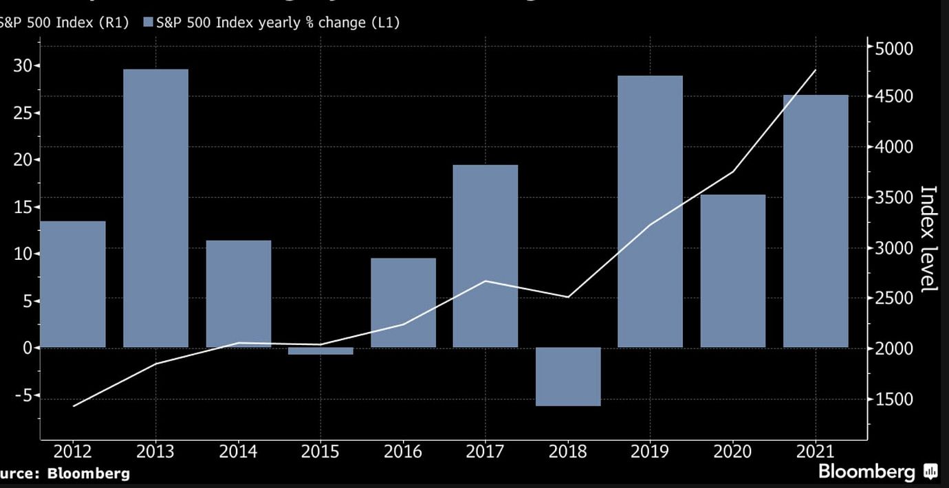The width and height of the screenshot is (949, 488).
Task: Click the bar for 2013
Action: click(x=155, y=208)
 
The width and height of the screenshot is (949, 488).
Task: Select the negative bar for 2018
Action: click(x=568, y=376)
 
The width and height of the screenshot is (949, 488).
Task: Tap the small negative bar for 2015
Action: click(x=320, y=351)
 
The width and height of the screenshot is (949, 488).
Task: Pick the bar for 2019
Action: click(x=650, y=211)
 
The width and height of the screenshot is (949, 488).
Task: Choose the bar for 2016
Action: click(x=403, y=302)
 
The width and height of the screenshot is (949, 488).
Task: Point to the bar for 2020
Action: click(x=732, y=271)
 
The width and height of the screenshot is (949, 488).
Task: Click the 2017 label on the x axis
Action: click(x=485, y=452)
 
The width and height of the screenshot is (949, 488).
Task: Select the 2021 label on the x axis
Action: click(x=815, y=452)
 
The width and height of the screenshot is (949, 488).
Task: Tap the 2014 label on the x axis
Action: click(x=238, y=452)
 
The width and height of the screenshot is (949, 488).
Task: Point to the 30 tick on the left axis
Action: click(x=23, y=66)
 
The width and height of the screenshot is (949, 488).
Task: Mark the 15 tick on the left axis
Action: click(x=23, y=207)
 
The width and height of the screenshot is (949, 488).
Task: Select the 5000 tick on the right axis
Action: click(x=893, y=48)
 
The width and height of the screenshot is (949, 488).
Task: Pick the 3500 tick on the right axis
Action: click(x=893, y=198)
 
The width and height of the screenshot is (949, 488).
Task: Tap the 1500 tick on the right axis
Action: click(x=893, y=399)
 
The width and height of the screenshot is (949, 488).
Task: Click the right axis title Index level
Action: click(x=928, y=239)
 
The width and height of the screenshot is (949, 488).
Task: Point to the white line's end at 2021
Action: click(x=815, y=70)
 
